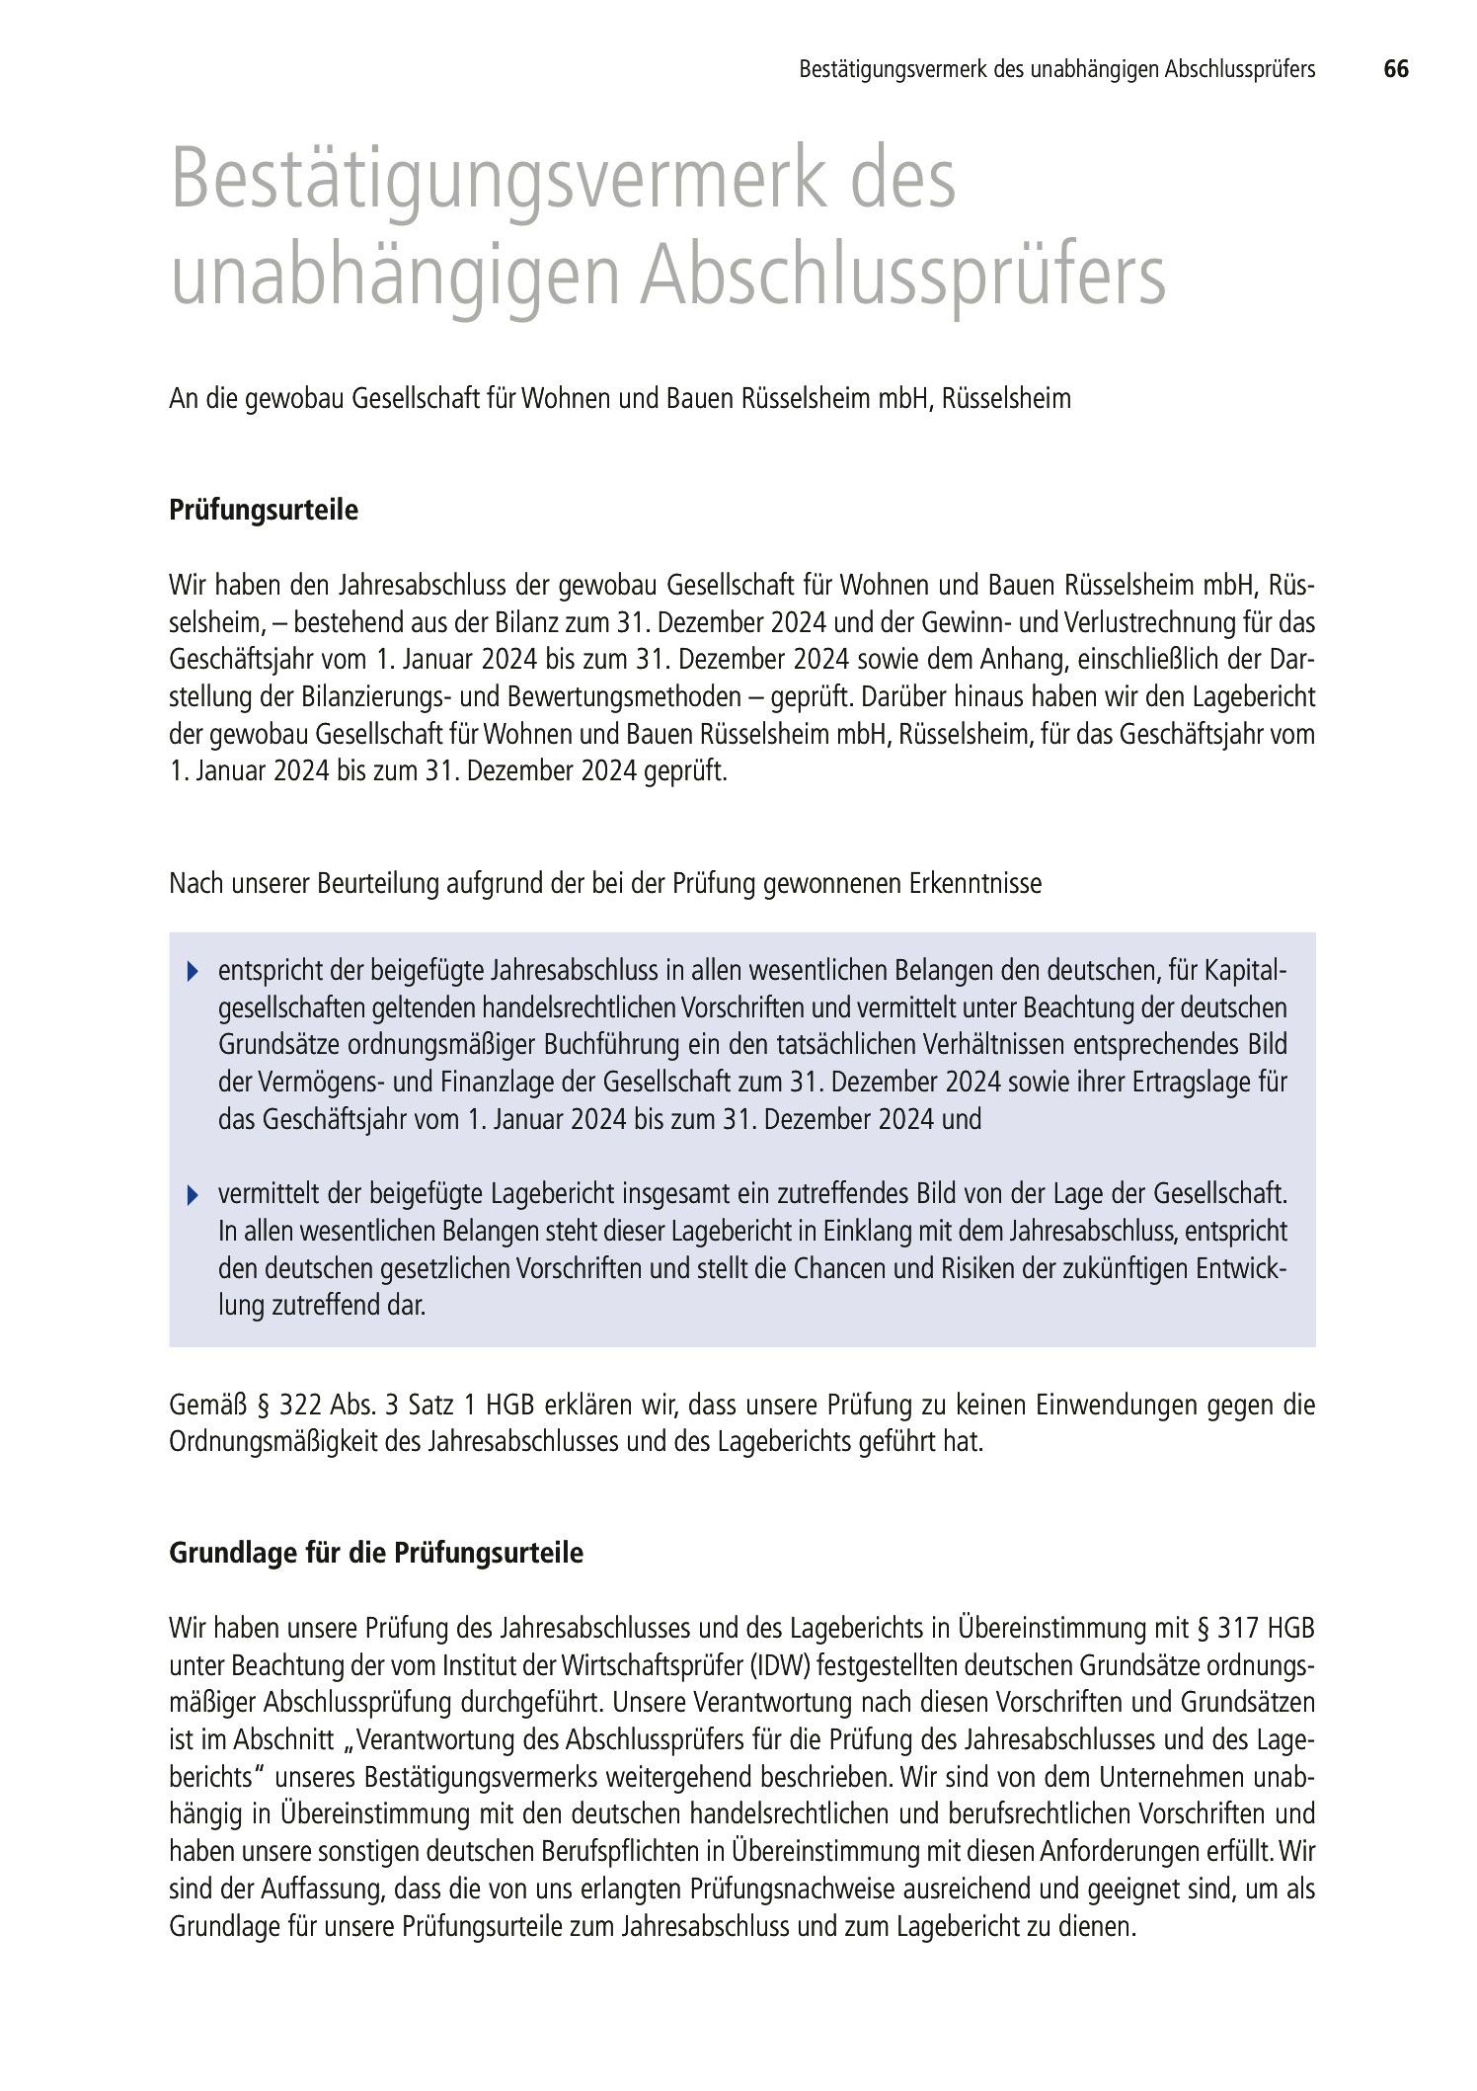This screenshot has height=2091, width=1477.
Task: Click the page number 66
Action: click(x=1395, y=69)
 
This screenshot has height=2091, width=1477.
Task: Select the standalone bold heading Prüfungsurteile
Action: click(x=264, y=511)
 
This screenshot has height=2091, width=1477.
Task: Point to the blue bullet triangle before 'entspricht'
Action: click(x=193, y=972)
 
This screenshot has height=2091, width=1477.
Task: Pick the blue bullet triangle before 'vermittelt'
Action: click(x=193, y=1196)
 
